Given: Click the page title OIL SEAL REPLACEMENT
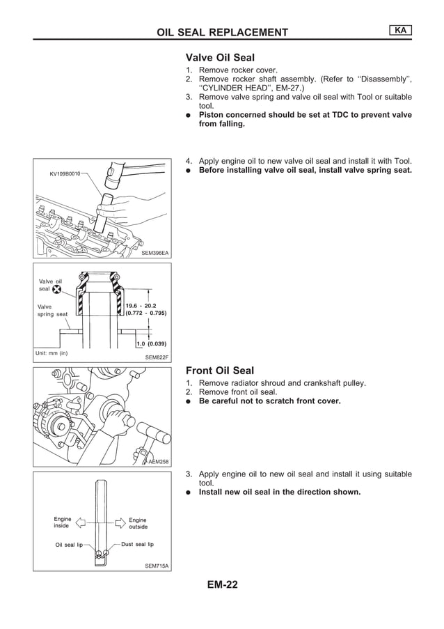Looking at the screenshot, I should point(222,33).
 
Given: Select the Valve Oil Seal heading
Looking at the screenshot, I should point(220,58).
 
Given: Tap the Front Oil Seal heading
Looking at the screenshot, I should point(220,371).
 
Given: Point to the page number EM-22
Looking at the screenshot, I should point(222,585).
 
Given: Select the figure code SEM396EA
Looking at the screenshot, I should point(154,253).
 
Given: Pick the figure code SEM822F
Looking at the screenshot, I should point(157,357).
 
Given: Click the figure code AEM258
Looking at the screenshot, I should point(158,461).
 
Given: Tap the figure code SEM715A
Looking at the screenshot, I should point(157,566).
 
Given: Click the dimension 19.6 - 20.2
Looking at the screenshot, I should point(141,304).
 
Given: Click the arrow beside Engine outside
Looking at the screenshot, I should point(118,521).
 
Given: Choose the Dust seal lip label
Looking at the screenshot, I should point(137,544).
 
